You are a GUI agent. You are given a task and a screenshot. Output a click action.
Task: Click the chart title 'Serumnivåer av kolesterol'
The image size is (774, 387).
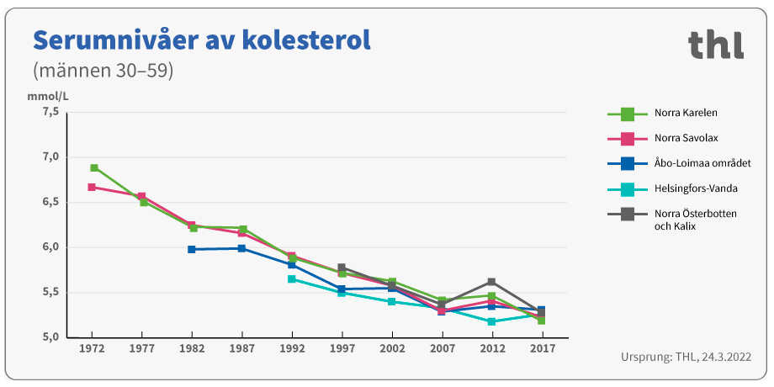pos(201,40)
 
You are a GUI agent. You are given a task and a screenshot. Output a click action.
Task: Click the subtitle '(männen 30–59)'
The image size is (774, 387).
pos(103,71)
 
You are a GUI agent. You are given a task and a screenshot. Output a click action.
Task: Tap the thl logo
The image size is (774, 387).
pos(715,45)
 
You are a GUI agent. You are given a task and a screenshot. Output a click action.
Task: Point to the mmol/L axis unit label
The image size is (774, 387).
pos(48,96)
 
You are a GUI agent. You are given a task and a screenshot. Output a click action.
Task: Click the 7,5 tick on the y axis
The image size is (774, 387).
pos(50,112)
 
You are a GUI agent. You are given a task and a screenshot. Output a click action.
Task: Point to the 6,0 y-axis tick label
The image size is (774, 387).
pos(50,247)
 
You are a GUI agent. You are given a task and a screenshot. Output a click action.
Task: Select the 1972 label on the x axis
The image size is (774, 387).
pos(92,347)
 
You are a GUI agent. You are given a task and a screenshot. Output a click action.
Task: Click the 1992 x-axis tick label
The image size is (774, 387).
pos(292,347)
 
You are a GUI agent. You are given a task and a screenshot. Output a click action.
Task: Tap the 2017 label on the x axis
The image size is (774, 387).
pos(541,347)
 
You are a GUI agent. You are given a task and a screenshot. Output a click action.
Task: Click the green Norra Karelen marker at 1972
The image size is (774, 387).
pos(94,168)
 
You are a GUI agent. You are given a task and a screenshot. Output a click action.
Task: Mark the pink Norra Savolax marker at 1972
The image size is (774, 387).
pos(92,187)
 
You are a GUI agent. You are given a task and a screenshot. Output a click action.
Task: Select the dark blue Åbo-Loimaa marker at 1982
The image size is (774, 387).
pos(192,249)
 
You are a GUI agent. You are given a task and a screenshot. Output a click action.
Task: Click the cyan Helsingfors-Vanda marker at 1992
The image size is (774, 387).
pos(292,278)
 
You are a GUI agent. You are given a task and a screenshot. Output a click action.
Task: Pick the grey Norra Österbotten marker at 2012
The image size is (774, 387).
pos(491,282)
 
